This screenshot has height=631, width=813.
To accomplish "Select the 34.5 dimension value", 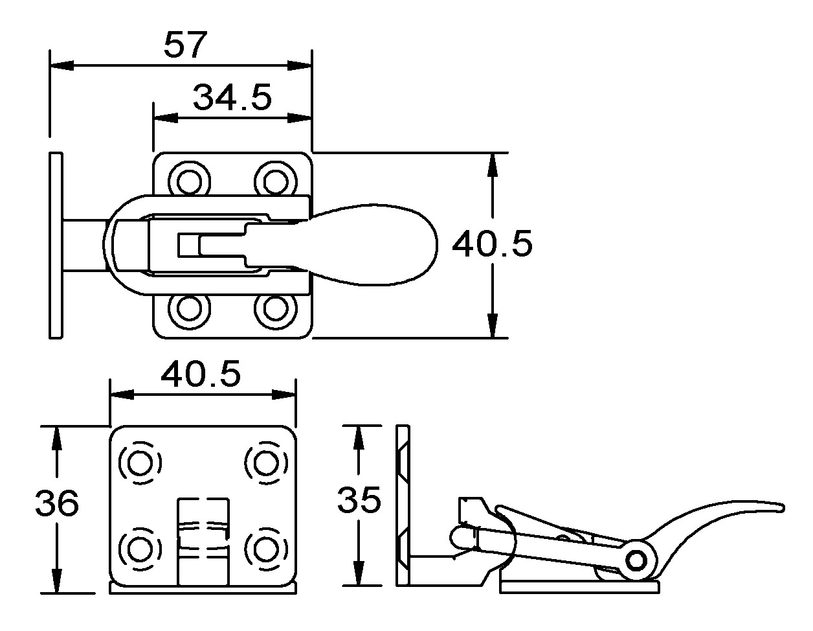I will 232,98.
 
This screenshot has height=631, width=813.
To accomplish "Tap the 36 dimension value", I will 57,503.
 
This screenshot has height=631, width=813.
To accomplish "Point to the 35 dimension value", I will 359,500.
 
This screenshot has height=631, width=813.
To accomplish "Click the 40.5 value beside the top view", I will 492,245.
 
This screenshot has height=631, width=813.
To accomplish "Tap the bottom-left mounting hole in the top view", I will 190,310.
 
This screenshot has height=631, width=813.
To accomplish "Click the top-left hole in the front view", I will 140,463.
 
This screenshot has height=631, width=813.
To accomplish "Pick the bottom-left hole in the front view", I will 140,549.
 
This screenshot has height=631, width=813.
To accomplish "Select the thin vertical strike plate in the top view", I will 56,245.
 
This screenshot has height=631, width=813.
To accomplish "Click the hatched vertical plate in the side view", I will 403,505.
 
